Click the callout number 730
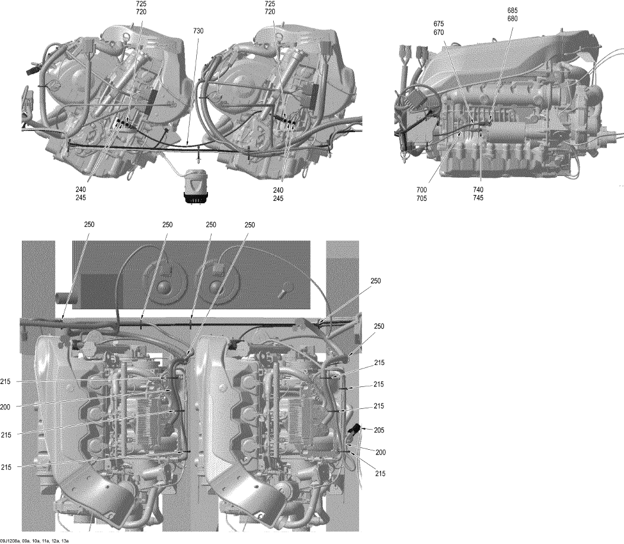(x=198, y=31)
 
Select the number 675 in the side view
(x=439, y=24)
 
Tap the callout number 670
(x=439, y=33)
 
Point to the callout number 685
(x=512, y=10)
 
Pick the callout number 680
(x=512, y=19)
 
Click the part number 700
(x=421, y=190)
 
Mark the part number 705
(x=421, y=198)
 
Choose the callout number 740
(x=478, y=190)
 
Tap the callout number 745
(x=478, y=198)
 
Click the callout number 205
(x=379, y=430)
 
